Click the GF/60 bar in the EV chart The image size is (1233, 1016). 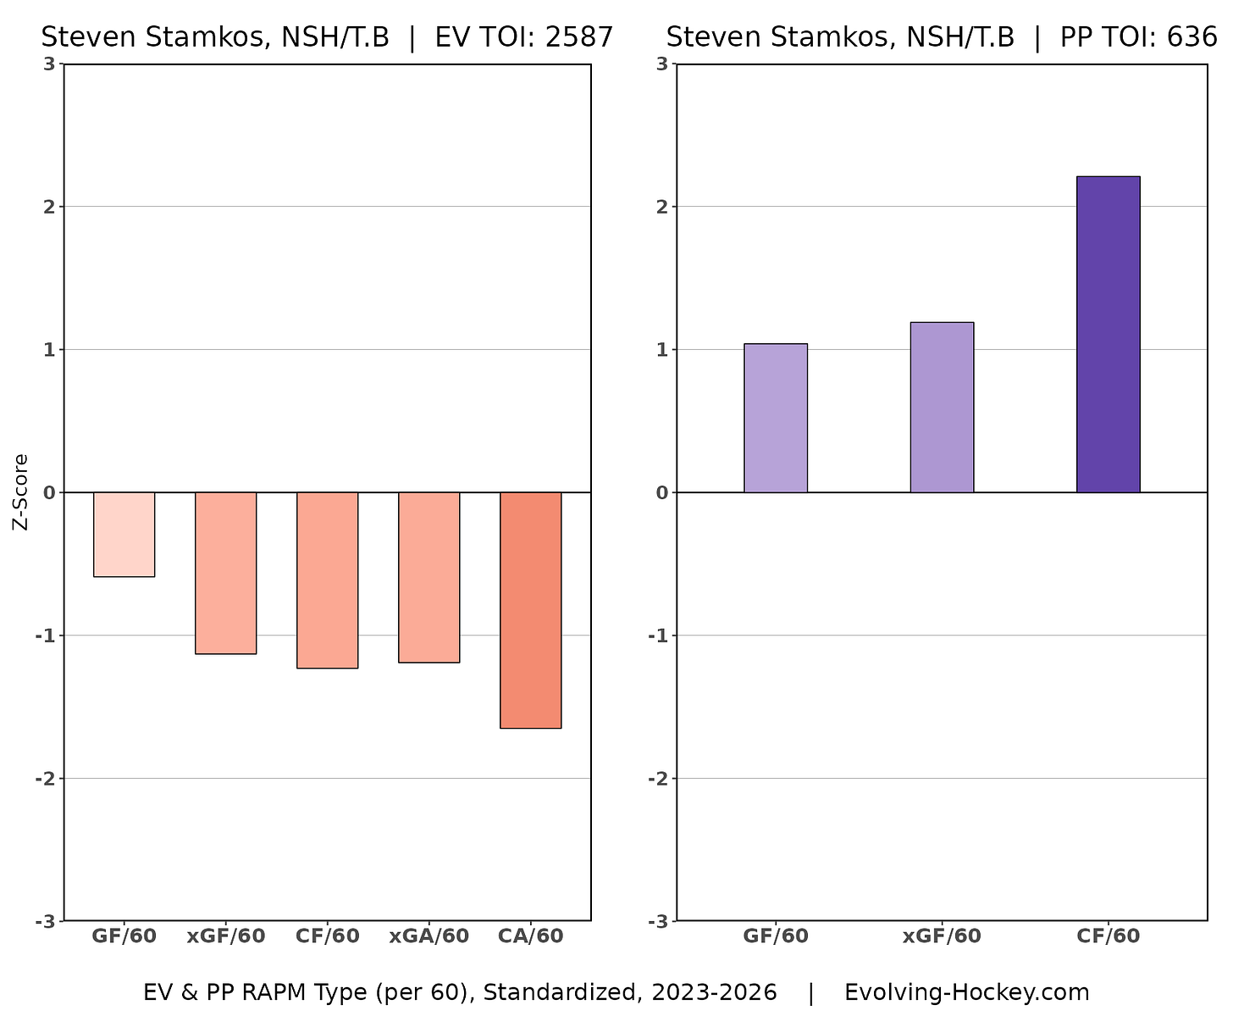pyautogui.click(x=124, y=534)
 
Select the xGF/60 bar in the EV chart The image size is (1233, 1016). pyautogui.click(x=225, y=573)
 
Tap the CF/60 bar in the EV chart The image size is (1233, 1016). pyautogui.click(x=327, y=580)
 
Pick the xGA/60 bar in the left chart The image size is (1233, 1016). pyautogui.click(x=429, y=577)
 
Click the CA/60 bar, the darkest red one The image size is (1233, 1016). pyautogui.click(x=530, y=609)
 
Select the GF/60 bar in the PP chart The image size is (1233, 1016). pyautogui.click(x=775, y=418)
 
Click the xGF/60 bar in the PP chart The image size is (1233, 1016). pyautogui.click(x=942, y=407)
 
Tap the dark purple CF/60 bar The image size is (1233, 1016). pyautogui.click(x=1108, y=334)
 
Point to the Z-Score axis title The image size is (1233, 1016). pyautogui.click(x=21, y=491)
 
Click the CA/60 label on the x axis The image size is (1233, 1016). pyautogui.click(x=531, y=936)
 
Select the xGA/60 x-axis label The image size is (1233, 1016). pyautogui.click(x=429, y=936)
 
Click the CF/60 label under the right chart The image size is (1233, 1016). pyautogui.click(x=1109, y=936)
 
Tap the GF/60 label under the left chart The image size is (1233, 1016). pyautogui.click(x=124, y=936)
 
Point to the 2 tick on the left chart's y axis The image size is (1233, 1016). pyautogui.click(x=50, y=207)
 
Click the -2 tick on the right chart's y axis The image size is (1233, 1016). pyautogui.click(x=659, y=779)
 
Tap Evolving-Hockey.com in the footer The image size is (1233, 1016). pyautogui.click(x=966, y=992)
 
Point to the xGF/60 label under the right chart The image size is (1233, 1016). pyautogui.click(x=942, y=936)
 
